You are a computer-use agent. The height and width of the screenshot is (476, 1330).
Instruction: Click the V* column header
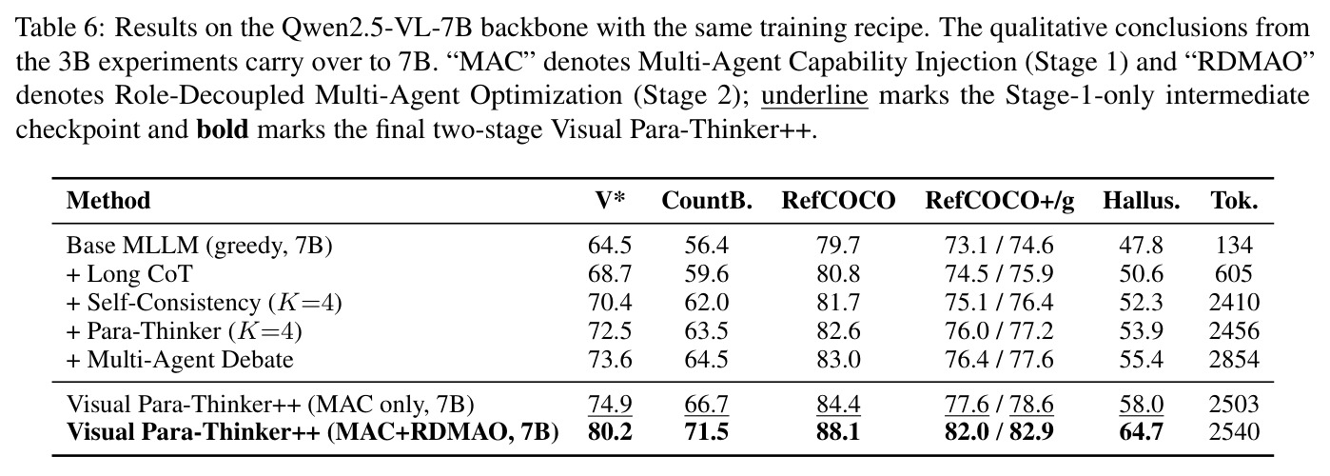coord(610,200)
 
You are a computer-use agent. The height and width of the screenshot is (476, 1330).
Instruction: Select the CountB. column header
coord(707,200)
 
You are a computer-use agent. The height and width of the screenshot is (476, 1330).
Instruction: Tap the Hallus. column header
coord(1142,200)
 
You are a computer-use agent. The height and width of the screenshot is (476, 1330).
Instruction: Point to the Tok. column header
coord(1235,200)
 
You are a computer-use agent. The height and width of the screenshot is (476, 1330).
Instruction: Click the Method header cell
coord(108,200)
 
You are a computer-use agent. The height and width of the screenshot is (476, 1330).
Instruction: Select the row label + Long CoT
coord(129,274)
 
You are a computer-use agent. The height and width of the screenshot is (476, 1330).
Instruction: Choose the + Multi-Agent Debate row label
coord(180,360)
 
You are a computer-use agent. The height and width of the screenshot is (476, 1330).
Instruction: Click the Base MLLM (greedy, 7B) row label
coord(200,246)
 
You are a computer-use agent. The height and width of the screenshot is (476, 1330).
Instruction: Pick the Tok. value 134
coord(1234,245)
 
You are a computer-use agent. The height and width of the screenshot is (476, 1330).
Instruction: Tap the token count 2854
coord(1234,360)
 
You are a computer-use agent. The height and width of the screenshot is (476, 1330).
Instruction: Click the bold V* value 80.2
coord(610,432)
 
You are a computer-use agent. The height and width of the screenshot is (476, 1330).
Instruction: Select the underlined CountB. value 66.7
coord(707,405)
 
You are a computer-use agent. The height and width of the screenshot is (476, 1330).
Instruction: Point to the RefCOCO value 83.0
coord(838,360)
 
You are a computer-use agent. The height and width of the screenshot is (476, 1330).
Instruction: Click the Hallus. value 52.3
coord(1142,303)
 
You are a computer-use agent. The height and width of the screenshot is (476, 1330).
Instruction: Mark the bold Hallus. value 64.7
coord(1142,432)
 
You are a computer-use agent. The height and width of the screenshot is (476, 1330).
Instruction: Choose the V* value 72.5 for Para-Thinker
coord(610,331)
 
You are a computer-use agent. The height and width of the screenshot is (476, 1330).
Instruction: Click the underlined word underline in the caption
coord(814,95)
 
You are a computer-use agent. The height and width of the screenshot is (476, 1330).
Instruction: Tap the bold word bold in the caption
coord(223,129)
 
